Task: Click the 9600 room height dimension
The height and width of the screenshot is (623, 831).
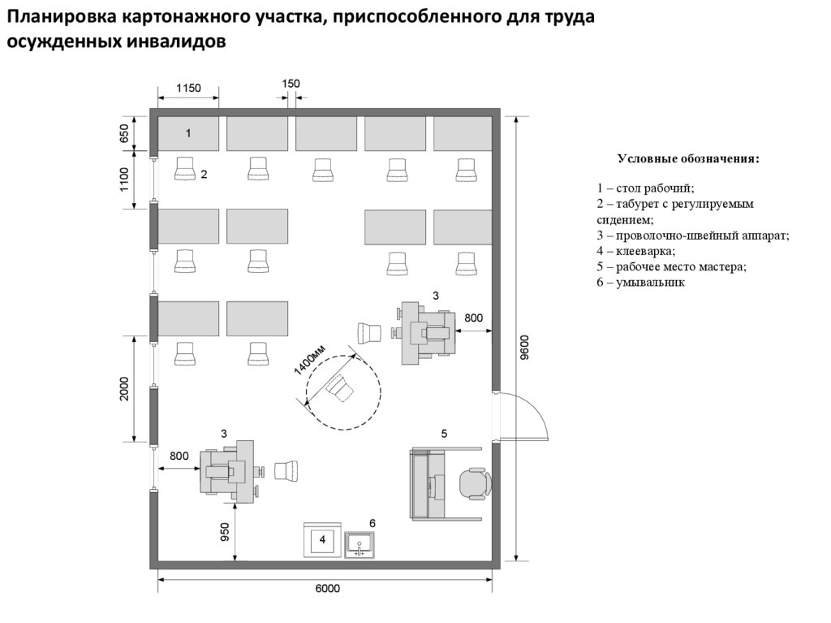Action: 525,347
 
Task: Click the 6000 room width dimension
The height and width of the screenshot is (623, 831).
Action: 326,590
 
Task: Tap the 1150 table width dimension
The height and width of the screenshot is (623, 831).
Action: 188,88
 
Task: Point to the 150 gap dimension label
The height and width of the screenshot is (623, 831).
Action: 291,84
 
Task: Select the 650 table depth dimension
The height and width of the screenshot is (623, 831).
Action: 124,134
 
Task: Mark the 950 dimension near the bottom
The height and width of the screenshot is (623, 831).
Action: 225,531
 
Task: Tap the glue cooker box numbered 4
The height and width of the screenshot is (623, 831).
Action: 322,539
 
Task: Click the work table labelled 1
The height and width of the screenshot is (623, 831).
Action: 188,133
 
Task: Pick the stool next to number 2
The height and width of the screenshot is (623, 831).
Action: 185,168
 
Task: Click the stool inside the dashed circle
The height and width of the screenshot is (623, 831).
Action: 341,389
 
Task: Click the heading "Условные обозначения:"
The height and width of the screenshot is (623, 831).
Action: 688,158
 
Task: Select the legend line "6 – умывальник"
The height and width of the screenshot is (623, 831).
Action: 641,283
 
